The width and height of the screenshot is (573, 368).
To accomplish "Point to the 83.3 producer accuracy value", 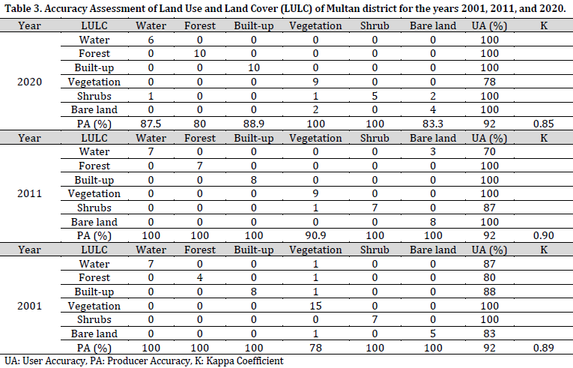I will (x=433, y=124).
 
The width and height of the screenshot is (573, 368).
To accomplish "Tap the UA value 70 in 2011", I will (x=491, y=152).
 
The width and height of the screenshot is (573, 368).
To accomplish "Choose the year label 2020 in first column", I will (x=29, y=82).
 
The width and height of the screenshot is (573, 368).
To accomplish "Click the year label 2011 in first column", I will (x=29, y=194).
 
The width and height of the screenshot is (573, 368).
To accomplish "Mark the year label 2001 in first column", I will (x=29, y=306).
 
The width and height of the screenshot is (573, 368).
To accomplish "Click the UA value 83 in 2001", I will (x=491, y=334).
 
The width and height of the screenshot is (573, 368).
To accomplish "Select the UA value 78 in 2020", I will (x=491, y=82).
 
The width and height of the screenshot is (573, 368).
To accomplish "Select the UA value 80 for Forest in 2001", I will (x=491, y=278).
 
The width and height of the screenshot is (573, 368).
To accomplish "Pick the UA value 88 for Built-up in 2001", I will (x=491, y=292).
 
